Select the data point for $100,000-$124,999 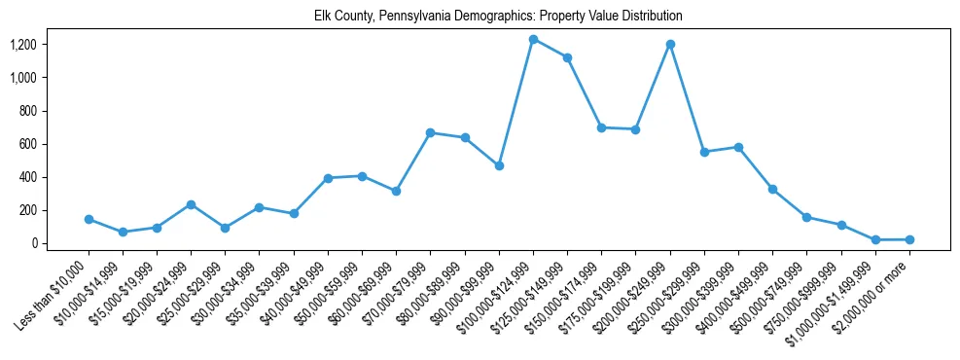tap(533, 39)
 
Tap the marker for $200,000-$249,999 tap(670, 44)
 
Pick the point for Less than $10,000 tap(89, 219)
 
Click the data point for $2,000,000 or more tap(909, 239)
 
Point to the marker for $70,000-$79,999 tap(431, 132)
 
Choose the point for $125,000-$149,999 tap(567, 57)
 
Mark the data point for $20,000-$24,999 tap(191, 204)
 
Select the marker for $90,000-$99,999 tap(499, 165)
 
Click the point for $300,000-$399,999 tap(738, 147)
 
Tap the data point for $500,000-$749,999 tap(806, 217)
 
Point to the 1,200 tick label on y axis tap(23, 45)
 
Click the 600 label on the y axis tap(28, 144)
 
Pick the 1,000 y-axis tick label tap(23, 78)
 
